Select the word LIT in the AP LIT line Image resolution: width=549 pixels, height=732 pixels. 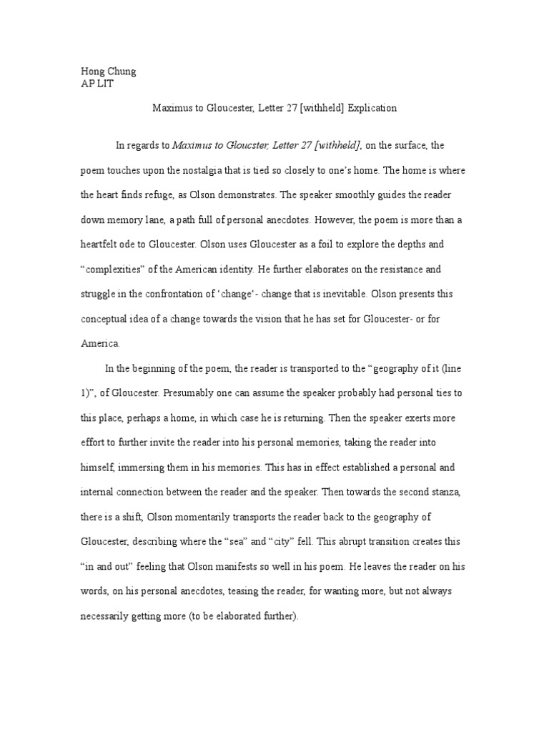point(104,84)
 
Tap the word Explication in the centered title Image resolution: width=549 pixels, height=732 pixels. point(372,109)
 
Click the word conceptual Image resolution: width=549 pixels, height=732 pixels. point(104,318)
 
